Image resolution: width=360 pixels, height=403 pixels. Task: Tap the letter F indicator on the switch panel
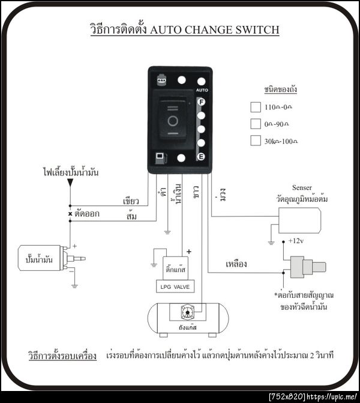tap(202, 102)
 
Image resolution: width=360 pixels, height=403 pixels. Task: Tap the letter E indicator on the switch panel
tap(202, 157)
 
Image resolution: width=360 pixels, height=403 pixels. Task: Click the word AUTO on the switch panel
tap(202, 90)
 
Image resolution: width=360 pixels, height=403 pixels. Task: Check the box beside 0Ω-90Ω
tap(254, 124)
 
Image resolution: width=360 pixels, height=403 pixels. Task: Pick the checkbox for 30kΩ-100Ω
tap(254, 141)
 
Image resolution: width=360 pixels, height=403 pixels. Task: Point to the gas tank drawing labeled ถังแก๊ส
tap(185, 318)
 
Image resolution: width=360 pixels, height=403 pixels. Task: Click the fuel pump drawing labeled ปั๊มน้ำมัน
tap(46, 258)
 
